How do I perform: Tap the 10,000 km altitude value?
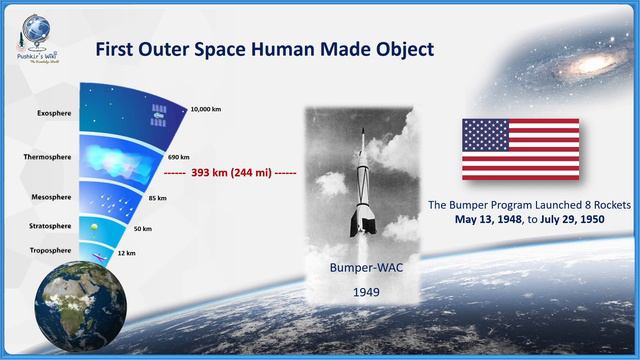pyautogui.click(x=206, y=108)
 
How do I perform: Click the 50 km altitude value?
pyautogui.click(x=143, y=229)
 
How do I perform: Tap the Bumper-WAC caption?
pyautogui.click(x=357, y=270)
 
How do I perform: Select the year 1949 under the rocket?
pyautogui.click(x=357, y=294)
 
